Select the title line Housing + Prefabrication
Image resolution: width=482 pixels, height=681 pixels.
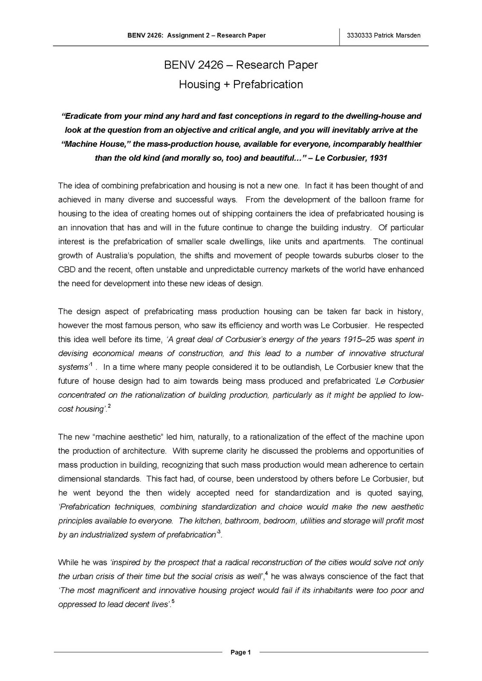click(241, 84)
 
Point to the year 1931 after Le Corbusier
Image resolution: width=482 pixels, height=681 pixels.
click(378, 158)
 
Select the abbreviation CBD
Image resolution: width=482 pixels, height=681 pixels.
click(66, 269)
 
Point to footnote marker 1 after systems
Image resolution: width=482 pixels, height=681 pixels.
click(91, 365)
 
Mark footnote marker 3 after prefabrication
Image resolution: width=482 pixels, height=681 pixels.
click(219, 532)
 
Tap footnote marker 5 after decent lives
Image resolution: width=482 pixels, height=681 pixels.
click(173, 602)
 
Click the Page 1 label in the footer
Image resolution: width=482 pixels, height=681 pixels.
click(241, 652)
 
